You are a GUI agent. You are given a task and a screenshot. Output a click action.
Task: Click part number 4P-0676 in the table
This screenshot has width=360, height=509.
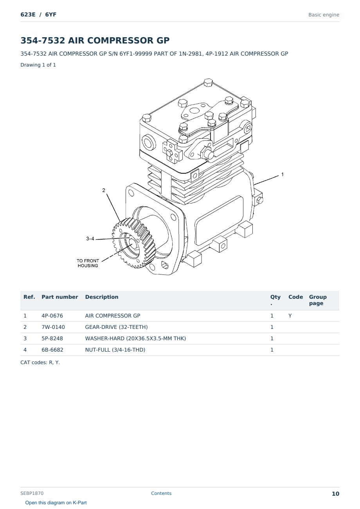point(52,316)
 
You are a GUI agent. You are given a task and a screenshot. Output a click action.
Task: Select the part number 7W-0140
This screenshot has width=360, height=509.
point(53,327)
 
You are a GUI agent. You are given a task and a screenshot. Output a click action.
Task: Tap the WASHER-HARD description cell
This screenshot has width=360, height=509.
point(135,338)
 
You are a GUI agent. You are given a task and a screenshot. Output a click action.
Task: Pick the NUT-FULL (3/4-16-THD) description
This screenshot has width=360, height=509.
point(115,350)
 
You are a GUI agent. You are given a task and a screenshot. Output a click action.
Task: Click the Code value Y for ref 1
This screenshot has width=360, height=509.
point(290,316)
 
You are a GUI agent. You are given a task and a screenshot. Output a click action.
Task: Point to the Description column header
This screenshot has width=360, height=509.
point(101,297)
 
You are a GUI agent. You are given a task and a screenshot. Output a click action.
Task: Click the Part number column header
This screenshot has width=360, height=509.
point(59,297)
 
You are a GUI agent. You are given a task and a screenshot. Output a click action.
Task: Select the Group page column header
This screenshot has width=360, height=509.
point(317,300)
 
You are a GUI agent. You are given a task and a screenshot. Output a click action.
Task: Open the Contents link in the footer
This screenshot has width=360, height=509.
point(161,493)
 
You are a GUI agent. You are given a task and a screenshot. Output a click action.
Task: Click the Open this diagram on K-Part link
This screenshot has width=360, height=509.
point(56,503)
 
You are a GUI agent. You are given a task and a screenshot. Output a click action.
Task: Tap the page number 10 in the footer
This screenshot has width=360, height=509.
point(335,494)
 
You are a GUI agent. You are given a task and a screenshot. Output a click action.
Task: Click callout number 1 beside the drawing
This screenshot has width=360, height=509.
point(282,175)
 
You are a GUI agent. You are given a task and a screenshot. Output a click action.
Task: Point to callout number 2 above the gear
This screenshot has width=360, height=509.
point(104,190)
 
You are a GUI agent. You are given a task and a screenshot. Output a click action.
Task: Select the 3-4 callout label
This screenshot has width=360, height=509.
point(90,238)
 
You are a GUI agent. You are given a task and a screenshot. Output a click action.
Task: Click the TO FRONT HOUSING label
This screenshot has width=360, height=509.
point(88,263)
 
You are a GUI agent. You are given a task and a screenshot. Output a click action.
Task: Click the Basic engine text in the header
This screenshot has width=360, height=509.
point(324,15)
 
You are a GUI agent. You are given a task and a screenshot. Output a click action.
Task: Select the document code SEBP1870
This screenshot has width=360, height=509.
point(32,493)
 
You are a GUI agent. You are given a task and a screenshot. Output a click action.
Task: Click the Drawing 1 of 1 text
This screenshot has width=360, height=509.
point(38,65)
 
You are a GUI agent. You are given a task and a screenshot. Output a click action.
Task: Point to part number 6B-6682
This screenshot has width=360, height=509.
point(52,350)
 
